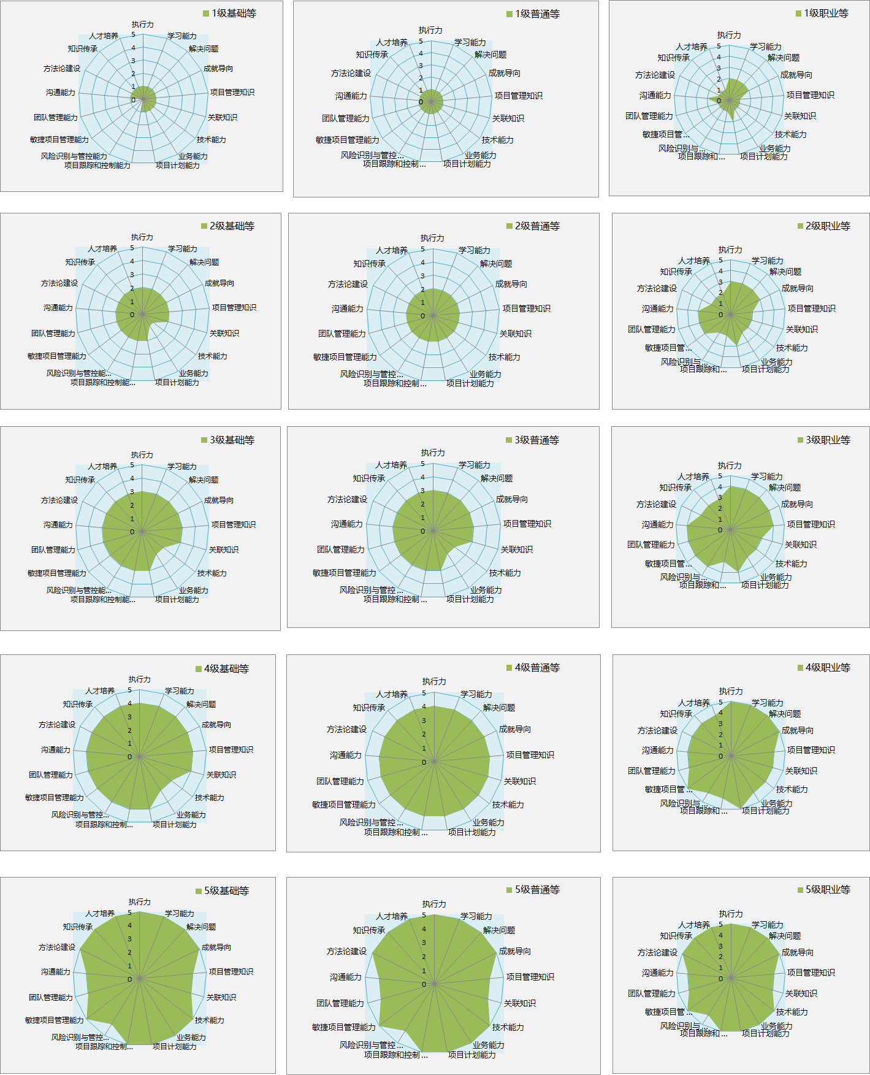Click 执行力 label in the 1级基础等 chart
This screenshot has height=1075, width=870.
143,25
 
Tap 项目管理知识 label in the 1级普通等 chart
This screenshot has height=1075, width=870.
519,96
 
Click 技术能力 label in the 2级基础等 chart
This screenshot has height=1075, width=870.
212,356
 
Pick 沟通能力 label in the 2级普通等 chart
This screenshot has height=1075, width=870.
348,309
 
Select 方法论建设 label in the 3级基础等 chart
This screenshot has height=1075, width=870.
59,500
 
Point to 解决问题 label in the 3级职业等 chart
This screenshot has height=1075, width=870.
785,488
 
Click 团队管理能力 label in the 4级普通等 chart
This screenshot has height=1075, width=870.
340,781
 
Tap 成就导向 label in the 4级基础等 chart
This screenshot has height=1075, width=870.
216,725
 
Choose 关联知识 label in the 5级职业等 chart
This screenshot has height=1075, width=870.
801,993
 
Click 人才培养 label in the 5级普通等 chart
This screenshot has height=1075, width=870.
392,916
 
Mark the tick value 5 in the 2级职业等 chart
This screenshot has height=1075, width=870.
721,261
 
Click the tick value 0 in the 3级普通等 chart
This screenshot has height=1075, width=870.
422,531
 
